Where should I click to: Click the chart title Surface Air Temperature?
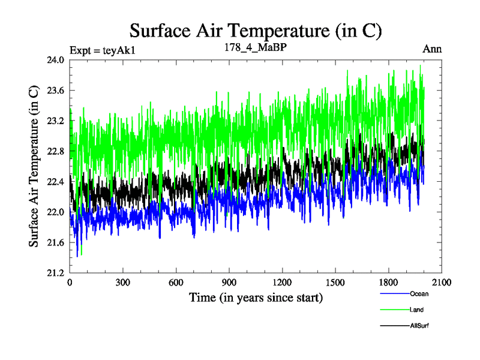click(256, 31)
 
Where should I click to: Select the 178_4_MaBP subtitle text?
click(251, 48)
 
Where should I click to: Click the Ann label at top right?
click(432, 49)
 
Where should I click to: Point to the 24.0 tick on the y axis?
click(56, 60)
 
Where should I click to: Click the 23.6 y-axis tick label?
click(56, 91)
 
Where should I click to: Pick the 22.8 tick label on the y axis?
click(56, 151)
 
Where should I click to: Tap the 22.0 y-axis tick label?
click(56, 212)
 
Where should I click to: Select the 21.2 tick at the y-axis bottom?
click(56, 273)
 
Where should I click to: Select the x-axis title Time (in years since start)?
click(256, 297)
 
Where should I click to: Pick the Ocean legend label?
click(419, 294)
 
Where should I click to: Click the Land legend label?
click(418, 310)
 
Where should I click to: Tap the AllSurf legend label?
click(419, 326)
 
